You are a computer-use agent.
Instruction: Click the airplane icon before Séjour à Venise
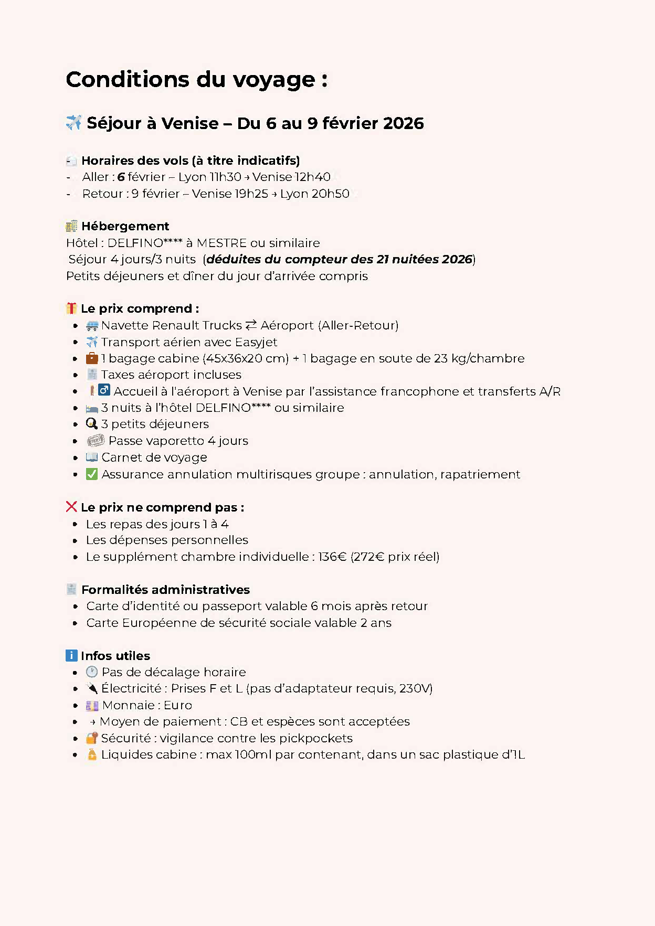tap(73, 123)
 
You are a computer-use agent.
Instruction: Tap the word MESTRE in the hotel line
tap(221, 243)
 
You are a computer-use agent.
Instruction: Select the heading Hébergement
tap(125, 226)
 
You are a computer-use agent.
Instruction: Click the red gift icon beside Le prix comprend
tap(71, 308)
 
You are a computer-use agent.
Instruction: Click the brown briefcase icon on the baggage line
tap(92, 358)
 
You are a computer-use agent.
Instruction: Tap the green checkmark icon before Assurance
tap(92, 474)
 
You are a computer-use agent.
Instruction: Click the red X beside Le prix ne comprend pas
tap(71, 507)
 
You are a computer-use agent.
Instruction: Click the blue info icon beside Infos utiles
tap(71, 655)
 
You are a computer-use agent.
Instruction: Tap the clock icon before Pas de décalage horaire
tap(92, 672)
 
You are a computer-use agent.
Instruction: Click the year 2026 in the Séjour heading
tap(403, 123)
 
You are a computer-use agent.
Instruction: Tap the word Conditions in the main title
tap(128, 80)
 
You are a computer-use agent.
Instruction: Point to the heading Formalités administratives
tap(165, 590)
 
